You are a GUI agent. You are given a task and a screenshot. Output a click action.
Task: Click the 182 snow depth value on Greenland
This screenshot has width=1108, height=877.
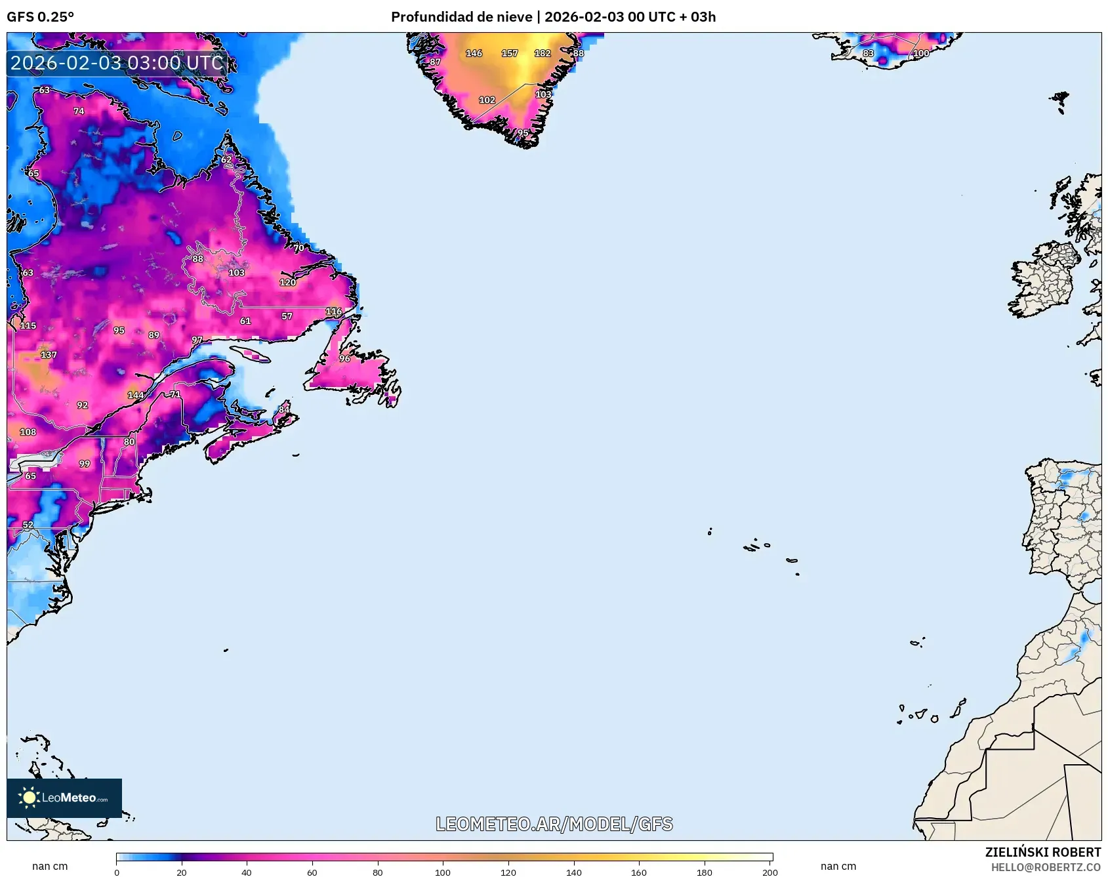point(542,53)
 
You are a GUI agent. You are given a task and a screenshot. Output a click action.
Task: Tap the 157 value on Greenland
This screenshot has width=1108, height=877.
point(509,53)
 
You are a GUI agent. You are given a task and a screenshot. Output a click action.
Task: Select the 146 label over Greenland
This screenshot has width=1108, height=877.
point(474,53)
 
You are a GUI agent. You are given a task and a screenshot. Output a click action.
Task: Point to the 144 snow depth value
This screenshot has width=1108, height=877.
point(135,395)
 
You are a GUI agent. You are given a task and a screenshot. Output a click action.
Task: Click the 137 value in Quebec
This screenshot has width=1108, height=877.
point(49,354)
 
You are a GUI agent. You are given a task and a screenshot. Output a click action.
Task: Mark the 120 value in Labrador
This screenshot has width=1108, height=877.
point(287,282)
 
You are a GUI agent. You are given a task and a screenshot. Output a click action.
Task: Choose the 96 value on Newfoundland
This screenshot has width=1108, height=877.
point(344,358)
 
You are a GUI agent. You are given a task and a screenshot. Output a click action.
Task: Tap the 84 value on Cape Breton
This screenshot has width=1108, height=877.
point(283,409)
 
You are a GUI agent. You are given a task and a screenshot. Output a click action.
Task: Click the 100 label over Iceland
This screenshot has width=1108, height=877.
point(921,53)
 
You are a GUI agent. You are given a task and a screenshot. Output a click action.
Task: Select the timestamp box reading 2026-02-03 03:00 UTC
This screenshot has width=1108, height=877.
point(117,63)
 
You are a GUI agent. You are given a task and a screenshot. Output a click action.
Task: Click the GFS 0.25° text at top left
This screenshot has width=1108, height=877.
point(40,16)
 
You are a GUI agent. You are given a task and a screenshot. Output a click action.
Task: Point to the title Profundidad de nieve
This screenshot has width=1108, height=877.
point(461,16)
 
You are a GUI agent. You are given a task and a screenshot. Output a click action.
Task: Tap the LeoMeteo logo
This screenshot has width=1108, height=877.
point(64,798)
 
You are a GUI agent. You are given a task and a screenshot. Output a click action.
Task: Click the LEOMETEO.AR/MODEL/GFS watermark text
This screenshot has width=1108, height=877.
point(554,824)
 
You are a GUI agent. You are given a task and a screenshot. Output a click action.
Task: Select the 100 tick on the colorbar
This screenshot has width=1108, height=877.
point(443,872)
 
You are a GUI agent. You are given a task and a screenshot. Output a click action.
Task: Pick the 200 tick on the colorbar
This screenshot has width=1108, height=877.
point(769,872)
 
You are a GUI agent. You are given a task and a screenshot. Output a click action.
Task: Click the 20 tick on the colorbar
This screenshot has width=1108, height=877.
point(182,872)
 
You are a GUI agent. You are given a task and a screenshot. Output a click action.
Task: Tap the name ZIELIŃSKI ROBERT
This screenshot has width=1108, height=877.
point(1042,852)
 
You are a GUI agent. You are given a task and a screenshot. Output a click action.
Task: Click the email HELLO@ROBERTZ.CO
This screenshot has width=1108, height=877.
point(1045,867)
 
